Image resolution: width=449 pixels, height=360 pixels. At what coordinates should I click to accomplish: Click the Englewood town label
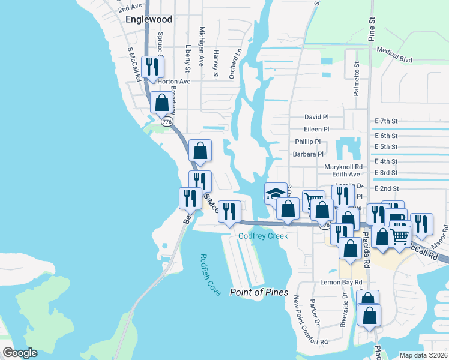pyautogui.click(x=149, y=19)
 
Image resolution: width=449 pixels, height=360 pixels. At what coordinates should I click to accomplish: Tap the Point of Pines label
pyautogui.click(x=259, y=292)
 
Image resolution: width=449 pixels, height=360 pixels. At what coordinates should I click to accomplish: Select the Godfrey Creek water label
pyautogui.click(x=263, y=236)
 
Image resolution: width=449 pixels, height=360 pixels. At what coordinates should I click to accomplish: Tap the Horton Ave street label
pyautogui.click(x=173, y=81)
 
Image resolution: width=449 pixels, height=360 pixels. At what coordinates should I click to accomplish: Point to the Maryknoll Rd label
pyautogui.click(x=343, y=167)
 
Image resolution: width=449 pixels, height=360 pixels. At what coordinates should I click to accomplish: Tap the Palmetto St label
pyautogui.click(x=356, y=79)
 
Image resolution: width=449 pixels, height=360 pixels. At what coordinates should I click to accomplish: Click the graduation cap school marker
pyautogui.click(x=275, y=193)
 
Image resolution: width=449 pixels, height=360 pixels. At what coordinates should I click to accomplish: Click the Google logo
pyautogui.click(x=20, y=353)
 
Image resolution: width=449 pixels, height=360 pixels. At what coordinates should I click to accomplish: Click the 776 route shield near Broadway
pyautogui.click(x=167, y=122)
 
